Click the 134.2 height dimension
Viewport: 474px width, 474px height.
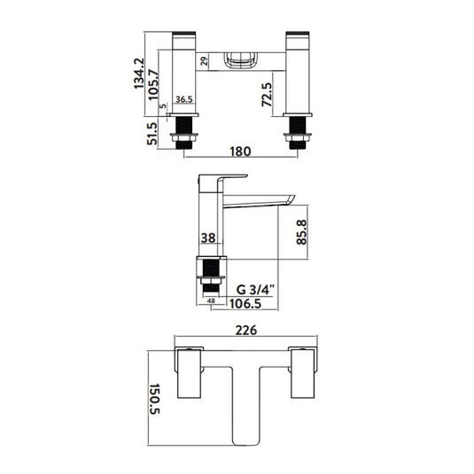coord(139,74)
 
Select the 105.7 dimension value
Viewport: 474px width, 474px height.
coord(153,85)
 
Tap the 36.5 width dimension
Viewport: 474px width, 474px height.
coord(184,99)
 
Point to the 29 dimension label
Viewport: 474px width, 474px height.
coord(205,61)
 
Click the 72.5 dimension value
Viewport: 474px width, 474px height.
coord(267,94)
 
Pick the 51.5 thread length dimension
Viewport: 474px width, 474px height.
coord(152,133)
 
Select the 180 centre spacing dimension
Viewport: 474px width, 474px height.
coord(241,152)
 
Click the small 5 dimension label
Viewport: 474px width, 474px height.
coord(163,106)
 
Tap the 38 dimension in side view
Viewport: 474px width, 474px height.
coord(208,238)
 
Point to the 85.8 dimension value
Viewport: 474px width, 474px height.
coord(302,232)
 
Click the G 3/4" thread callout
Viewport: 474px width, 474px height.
coord(255,290)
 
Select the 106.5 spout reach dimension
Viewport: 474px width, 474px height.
coord(245,304)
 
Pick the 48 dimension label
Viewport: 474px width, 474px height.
coord(211,300)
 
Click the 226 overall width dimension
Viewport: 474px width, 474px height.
coord(246,330)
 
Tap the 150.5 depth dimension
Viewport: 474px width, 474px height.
coord(154,399)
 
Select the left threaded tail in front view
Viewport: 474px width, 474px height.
coord(184,133)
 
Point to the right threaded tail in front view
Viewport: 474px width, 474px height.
coord(298,133)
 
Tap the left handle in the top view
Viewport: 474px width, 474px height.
coord(189,374)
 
